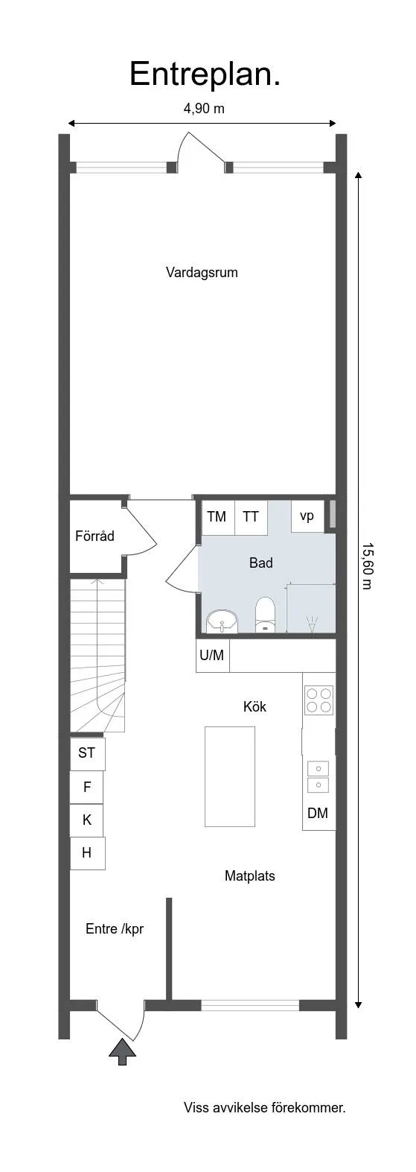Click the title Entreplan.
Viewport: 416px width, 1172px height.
tap(205, 75)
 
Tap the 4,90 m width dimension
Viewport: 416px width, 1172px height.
tap(204, 108)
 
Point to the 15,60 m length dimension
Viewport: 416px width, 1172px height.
tap(367, 566)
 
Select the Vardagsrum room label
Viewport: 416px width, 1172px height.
tap(202, 272)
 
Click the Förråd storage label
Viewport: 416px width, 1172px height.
tap(95, 536)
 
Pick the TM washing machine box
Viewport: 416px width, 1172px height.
tap(217, 517)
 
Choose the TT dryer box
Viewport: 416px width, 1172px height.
tap(251, 517)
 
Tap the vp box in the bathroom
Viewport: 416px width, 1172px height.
tap(307, 516)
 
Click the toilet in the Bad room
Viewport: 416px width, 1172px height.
tap(265, 614)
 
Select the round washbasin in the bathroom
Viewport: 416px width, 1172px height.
tap(222, 621)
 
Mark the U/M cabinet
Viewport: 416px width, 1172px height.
tap(212, 655)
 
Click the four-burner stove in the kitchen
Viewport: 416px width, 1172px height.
tap(319, 700)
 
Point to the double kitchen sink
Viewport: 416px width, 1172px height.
tap(318, 776)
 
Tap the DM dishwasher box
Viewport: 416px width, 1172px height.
tap(318, 813)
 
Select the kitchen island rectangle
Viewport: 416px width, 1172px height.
tap(229, 776)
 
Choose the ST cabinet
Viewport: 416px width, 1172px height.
tap(87, 753)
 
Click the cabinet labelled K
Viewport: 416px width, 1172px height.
tap(87, 820)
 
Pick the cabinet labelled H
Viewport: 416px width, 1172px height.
tap(87, 853)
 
